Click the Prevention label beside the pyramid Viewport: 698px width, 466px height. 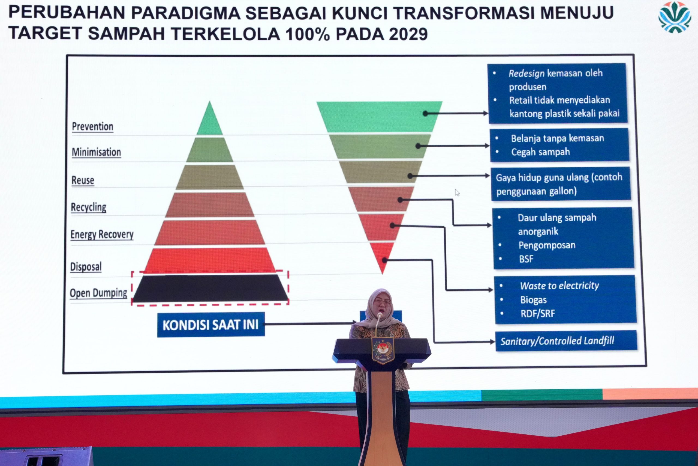point(93,127)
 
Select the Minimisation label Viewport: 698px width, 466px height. point(97,152)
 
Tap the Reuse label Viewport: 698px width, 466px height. point(83,180)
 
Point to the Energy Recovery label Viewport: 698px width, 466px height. point(102,235)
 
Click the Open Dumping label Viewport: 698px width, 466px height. point(98,293)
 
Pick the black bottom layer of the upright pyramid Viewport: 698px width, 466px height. point(210,288)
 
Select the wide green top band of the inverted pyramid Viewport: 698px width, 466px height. point(379,117)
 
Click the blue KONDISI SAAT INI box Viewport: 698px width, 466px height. point(211,325)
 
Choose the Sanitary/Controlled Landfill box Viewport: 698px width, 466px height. point(566,341)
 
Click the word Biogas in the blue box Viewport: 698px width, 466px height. point(533,300)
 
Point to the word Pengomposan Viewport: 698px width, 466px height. point(547,245)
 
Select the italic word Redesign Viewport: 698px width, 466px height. point(526,73)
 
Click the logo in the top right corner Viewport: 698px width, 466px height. point(675,17)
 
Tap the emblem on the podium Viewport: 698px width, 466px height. point(383,351)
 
